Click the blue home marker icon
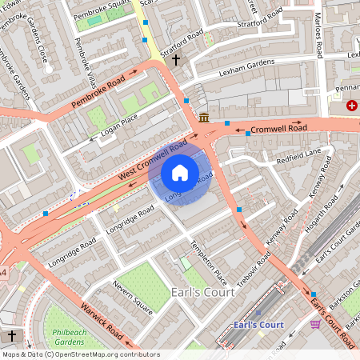click(x=180, y=172)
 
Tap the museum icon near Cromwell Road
click(x=204, y=118)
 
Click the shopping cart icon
click(x=314, y=325)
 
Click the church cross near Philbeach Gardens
click(x=11, y=335)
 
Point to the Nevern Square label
click(x=132, y=295)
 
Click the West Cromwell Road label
click(x=153, y=158)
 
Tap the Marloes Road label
click(x=318, y=36)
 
